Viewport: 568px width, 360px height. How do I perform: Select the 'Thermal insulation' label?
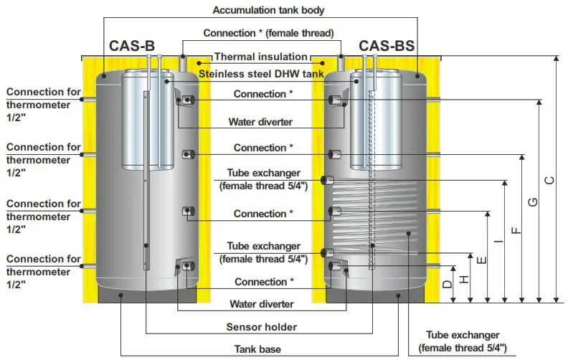pyautogui.click(x=260, y=57)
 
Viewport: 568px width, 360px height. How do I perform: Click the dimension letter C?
pyautogui.click(x=549, y=182)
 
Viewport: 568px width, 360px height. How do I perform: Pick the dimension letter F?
pyautogui.click(x=516, y=230)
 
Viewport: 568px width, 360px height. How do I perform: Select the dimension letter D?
pyautogui.click(x=447, y=284)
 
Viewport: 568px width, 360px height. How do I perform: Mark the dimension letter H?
pyautogui.click(x=464, y=278)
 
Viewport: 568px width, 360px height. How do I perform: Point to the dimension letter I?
pyautogui.click(x=498, y=244)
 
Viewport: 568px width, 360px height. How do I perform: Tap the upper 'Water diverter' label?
pyautogui.click(x=260, y=122)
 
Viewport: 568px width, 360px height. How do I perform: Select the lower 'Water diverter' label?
pyautogui.click(x=260, y=304)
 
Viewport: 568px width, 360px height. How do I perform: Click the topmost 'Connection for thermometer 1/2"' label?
pyautogui.click(x=43, y=105)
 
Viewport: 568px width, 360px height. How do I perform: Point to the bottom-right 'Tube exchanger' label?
pyautogui.click(x=463, y=341)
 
